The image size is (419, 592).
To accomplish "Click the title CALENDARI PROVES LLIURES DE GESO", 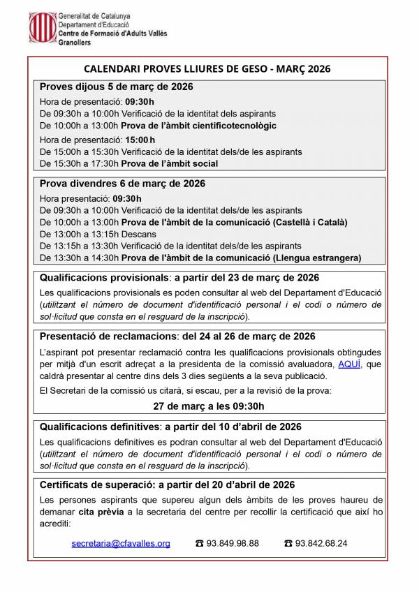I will (207, 69).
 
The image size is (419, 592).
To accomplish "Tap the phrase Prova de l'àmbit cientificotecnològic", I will (199, 126).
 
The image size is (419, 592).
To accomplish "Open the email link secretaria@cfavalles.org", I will (121, 543).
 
